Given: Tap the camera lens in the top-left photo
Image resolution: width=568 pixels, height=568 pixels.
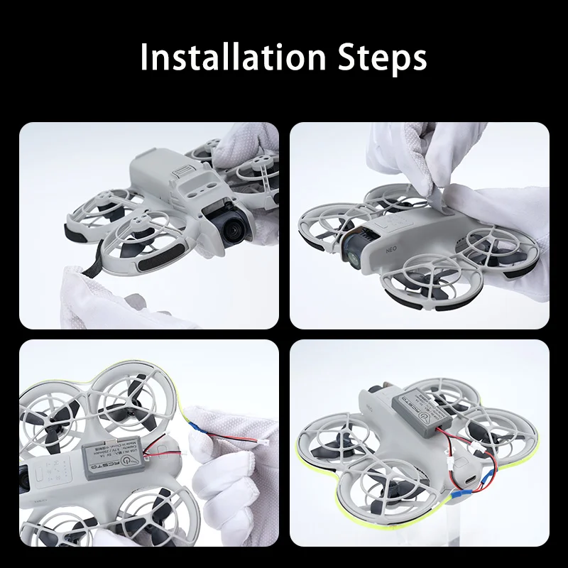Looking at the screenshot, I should [234, 229].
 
